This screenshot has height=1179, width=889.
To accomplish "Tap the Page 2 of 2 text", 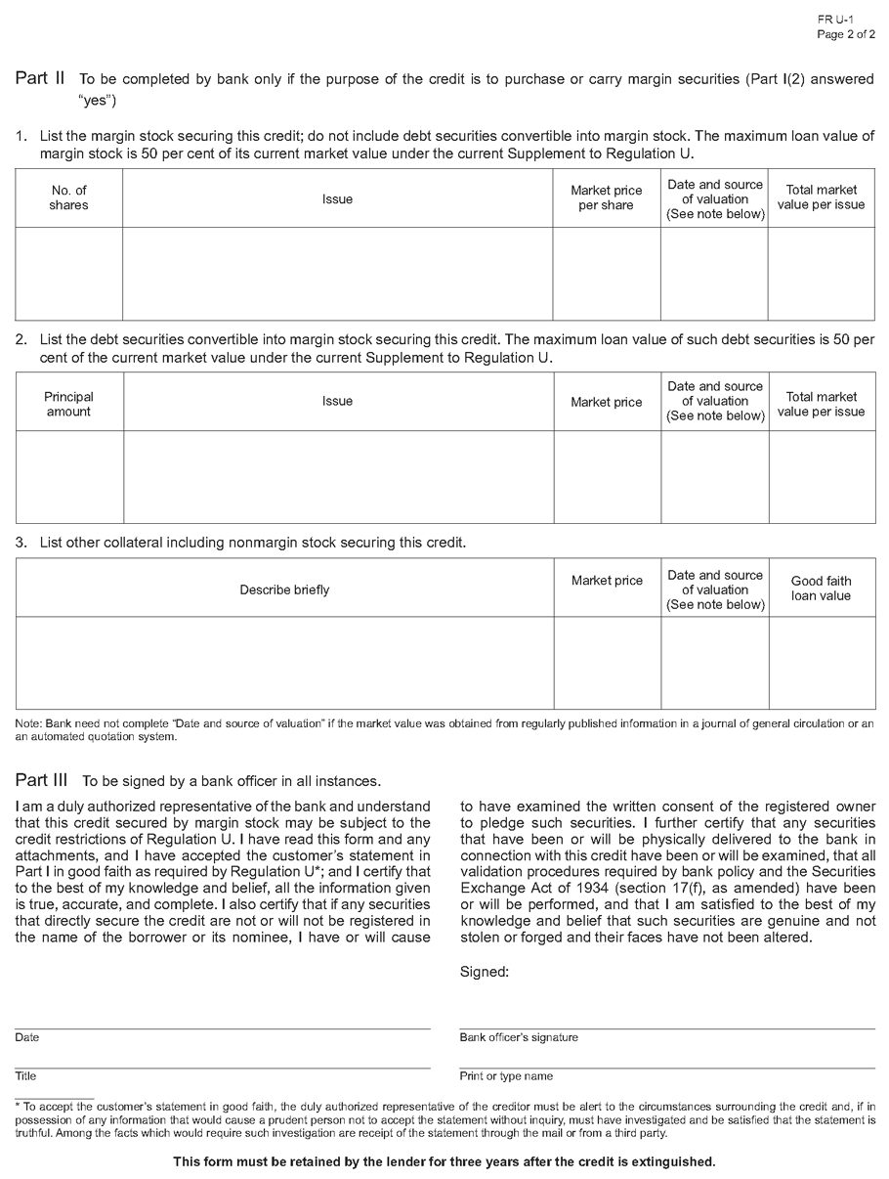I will point(846,35).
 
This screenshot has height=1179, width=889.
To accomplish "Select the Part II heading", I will point(40,79).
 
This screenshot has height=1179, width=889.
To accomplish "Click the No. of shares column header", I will point(68,197).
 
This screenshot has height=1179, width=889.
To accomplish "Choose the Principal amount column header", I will point(69,404).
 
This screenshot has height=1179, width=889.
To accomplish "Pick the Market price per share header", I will point(606,197).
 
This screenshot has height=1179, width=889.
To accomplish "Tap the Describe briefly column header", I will point(284,589).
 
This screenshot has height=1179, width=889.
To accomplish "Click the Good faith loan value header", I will point(821,588).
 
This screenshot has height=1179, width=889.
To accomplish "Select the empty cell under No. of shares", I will point(68,273).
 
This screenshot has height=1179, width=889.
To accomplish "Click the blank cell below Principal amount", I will point(69,476).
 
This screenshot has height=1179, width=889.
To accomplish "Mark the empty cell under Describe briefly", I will point(284,662).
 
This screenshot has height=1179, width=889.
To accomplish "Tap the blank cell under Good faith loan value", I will point(821,662).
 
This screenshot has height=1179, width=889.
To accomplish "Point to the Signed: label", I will point(484,972).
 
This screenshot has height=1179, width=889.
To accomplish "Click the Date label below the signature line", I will point(26,1037).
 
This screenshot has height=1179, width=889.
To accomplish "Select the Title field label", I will point(25,1076).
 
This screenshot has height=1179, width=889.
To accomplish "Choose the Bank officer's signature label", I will point(519,1037).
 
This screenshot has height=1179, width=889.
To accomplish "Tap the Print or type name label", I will point(506,1076).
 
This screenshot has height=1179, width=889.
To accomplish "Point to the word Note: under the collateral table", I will point(27,723).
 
